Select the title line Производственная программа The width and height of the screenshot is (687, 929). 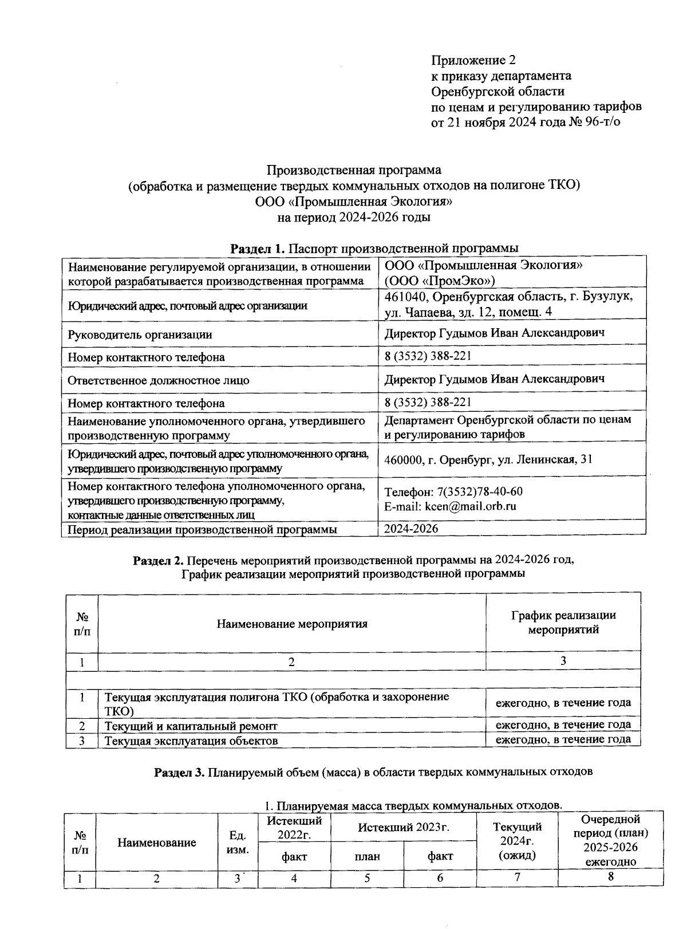pyautogui.click(x=354, y=170)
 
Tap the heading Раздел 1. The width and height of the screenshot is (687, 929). pyautogui.click(x=257, y=249)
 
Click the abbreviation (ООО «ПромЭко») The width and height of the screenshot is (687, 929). pyautogui.click(x=440, y=280)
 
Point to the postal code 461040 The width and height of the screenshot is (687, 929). pyautogui.click(x=406, y=297)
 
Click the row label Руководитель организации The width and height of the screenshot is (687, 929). pyautogui.click(x=140, y=334)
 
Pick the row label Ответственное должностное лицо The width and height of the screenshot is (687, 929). pyautogui.click(x=159, y=380)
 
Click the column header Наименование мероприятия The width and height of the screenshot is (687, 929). pyautogui.click(x=292, y=624)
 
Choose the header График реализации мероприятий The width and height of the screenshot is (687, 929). pyautogui.click(x=563, y=623)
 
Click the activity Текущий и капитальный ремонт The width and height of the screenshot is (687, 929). pyautogui.click(x=191, y=726)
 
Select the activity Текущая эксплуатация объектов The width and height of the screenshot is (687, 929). pyautogui.click(x=191, y=741)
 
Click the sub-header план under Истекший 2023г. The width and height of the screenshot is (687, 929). pyautogui.click(x=367, y=856)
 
